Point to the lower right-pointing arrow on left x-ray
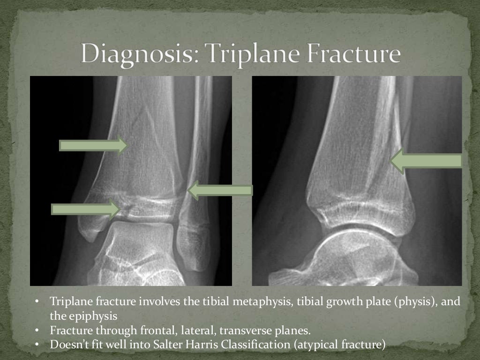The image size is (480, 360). (x=85, y=209)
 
